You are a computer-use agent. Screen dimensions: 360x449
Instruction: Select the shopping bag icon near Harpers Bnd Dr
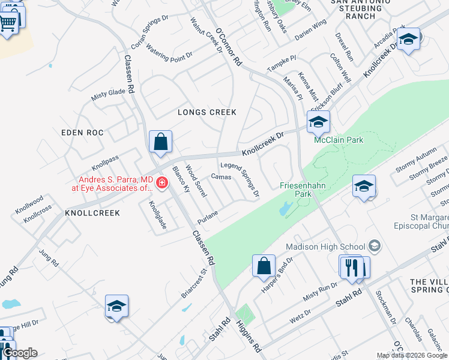coord(264,265)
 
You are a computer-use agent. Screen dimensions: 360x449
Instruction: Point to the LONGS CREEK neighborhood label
coord(206,112)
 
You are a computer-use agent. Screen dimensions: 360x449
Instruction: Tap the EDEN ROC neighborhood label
coord(82,132)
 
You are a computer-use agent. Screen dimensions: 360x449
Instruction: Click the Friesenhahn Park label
coord(303,190)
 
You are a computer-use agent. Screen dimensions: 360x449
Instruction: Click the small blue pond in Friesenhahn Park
coord(285,209)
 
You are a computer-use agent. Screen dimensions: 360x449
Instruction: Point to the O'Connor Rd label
coord(228,46)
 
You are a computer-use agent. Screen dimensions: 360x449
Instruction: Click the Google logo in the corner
coord(19,353)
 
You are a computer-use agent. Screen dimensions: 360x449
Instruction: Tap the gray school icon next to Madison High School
coord(375,245)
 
